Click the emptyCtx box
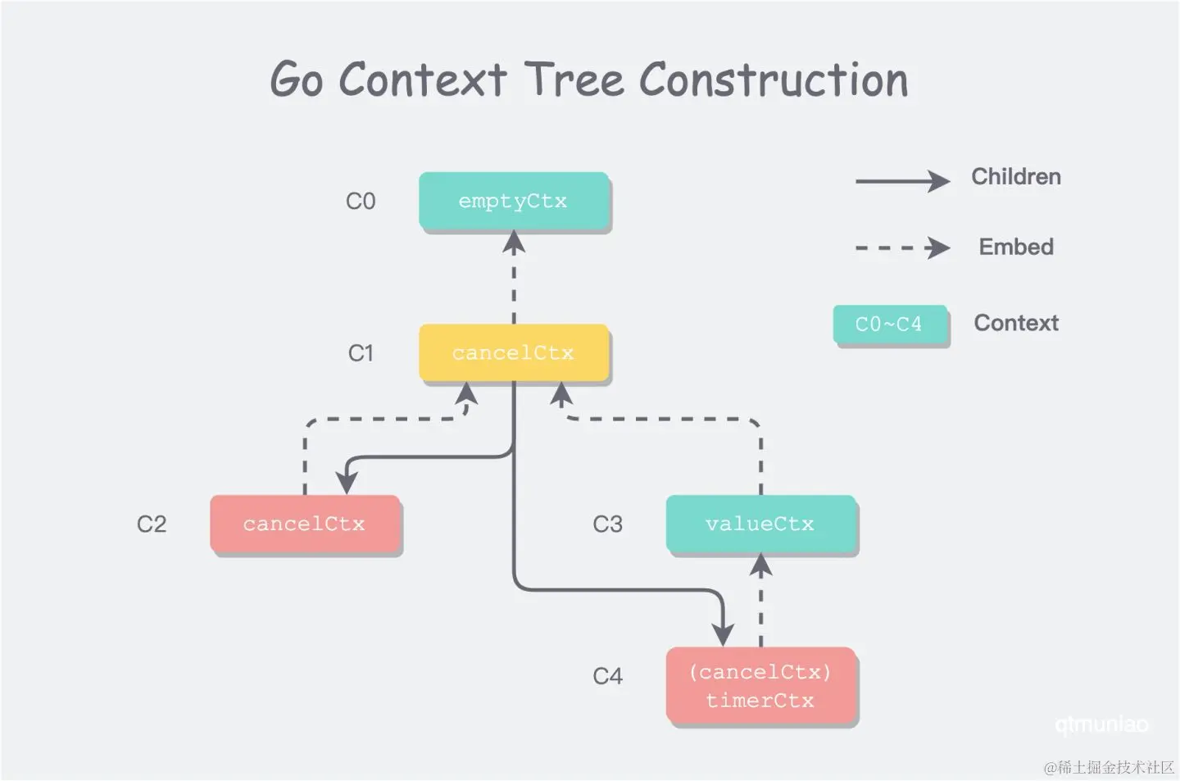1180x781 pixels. [514, 201]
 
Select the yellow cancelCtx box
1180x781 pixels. [514, 353]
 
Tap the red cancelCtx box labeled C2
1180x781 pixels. [305, 524]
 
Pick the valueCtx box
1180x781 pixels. [760, 524]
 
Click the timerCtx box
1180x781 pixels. [760, 686]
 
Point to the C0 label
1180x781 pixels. [361, 202]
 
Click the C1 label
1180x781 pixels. [361, 353]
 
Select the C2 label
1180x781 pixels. [152, 524]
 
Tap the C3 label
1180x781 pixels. [607, 524]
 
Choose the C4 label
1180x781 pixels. [607, 676]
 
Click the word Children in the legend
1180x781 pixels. [1016, 177]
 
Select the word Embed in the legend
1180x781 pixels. [1016, 247]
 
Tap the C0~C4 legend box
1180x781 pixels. [890, 325]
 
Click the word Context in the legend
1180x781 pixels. [1016, 323]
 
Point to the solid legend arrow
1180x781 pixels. [901, 180]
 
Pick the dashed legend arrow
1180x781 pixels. [901, 247]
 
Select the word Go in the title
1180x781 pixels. [296, 80]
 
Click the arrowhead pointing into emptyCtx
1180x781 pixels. [514, 241]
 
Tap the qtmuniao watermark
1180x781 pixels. [1101, 724]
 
